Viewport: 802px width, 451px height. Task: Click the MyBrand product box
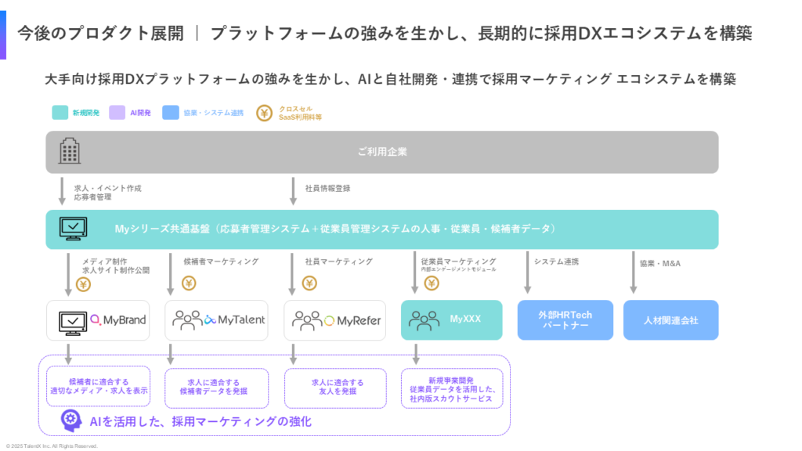point(98,319)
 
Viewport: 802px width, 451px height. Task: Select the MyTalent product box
point(216,319)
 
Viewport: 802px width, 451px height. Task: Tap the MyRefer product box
point(334,319)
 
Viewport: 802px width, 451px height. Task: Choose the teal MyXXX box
point(451,319)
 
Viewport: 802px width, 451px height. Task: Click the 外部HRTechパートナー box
point(565,319)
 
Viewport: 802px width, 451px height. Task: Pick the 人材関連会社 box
point(670,319)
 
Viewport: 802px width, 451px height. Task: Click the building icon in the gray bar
point(70,150)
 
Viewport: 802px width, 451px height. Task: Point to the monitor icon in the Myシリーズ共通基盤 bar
point(74,229)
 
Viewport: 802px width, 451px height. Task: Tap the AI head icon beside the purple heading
point(72,421)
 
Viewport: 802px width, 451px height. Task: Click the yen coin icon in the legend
point(266,113)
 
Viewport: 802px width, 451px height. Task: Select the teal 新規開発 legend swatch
point(60,113)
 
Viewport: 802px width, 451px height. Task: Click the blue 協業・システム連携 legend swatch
point(171,113)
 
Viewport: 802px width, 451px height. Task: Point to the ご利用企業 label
point(382,151)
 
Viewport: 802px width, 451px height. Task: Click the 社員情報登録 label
point(327,188)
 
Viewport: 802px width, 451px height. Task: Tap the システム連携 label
point(555,262)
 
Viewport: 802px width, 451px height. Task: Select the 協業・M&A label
point(660,263)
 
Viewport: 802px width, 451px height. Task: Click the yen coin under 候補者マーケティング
point(189,283)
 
